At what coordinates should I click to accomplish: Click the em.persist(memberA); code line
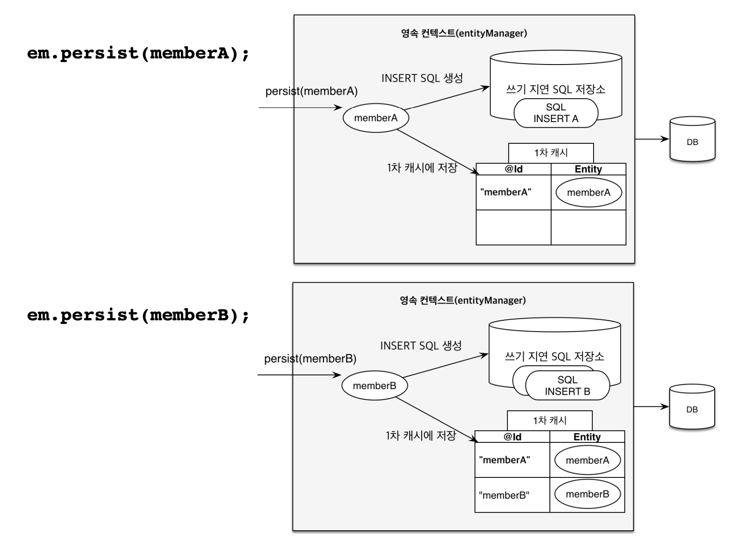(x=138, y=54)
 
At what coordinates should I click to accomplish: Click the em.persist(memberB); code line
(x=138, y=315)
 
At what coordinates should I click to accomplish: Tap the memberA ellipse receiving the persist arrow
(x=376, y=118)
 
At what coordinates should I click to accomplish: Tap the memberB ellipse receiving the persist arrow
(x=375, y=385)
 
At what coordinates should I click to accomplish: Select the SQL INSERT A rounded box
(x=556, y=113)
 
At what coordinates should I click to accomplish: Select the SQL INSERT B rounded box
(x=568, y=385)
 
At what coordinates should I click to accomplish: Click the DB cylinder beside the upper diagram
(x=692, y=139)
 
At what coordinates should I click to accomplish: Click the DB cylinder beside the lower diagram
(x=692, y=407)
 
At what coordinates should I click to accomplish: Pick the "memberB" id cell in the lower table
(x=512, y=495)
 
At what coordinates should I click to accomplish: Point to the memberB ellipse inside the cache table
(x=588, y=494)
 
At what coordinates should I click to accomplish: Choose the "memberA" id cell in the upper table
(x=514, y=193)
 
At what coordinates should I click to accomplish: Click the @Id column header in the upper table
(x=514, y=169)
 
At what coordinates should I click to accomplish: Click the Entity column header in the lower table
(x=587, y=437)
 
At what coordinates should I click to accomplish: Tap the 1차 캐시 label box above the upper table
(x=551, y=153)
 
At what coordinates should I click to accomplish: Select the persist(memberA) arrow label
(x=311, y=91)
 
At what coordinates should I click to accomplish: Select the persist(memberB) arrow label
(x=310, y=359)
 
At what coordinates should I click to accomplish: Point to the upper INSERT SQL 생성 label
(x=422, y=78)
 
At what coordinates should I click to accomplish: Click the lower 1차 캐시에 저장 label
(x=421, y=435)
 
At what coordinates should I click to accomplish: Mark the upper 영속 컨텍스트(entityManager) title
(x=464, y=33)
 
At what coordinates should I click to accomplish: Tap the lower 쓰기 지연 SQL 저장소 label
(x=554, y=357)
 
